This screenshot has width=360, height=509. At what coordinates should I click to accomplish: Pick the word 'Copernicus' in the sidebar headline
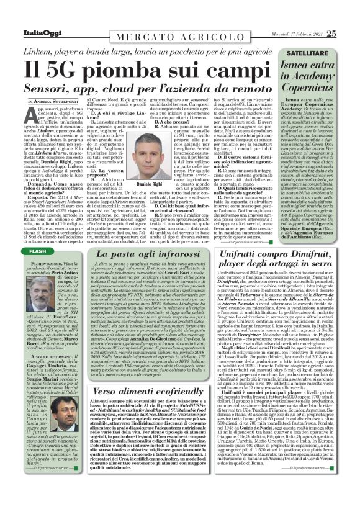tap(317, 81)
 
